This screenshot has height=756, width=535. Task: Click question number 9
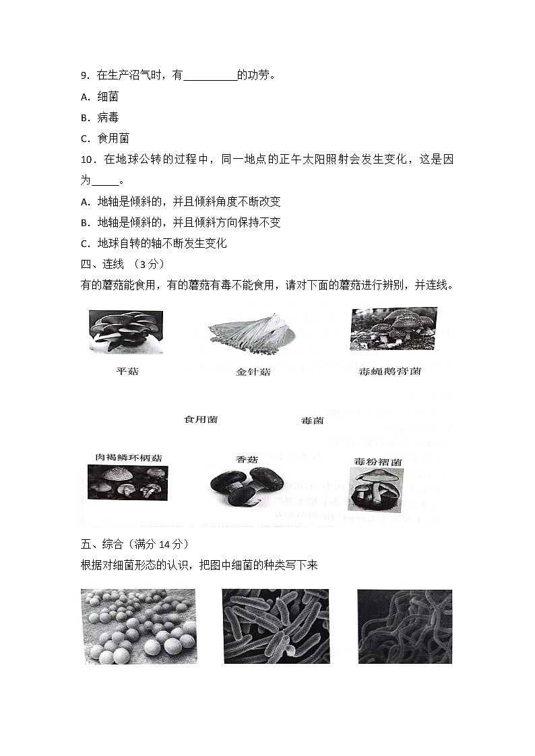pos(84,76)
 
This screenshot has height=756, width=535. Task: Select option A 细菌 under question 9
pos(100,97)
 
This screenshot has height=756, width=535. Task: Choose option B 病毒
pos(100,117)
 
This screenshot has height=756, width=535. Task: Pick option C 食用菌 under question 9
pos(104,138)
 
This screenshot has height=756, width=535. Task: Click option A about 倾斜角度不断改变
pos(180,201)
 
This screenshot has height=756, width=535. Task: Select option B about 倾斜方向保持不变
pos(180,222)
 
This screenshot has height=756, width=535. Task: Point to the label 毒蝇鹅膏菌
pos(389,371)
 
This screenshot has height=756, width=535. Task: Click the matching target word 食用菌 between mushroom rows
pos(201,419)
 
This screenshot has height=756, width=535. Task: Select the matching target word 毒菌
pos(311,421)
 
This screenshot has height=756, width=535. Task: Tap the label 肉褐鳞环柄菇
pos(129,458)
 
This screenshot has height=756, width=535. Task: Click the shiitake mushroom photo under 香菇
pos(247,486)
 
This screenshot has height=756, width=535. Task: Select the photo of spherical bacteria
pos(138,626)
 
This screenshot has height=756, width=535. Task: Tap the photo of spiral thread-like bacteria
pos(404,626)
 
